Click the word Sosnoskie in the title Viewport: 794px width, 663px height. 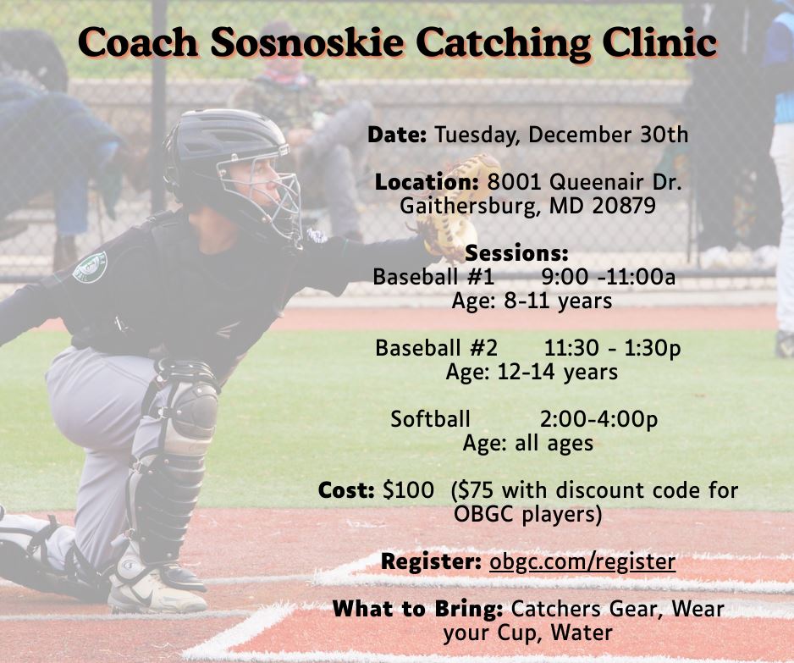pos(307,42)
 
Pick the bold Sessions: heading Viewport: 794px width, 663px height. pos(516,252)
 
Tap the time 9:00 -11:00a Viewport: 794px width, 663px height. pos(609,277)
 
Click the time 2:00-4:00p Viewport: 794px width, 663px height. pos(599,420)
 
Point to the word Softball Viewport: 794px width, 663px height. pos(430,419)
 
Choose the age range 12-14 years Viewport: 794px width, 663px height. pos(558,373)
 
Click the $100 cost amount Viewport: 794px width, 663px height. pos(409,490)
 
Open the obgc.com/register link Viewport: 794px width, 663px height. pos(582,561)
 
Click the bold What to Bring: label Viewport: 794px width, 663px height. pos(418,609)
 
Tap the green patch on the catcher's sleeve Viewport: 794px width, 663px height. pos(90,267)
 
